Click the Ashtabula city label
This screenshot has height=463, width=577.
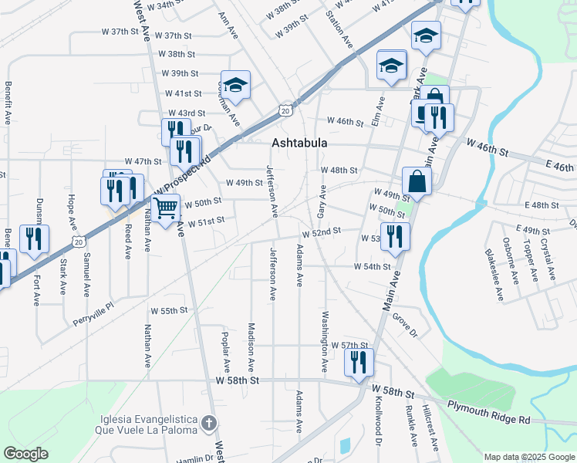[x=299, y=143]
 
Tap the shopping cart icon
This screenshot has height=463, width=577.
[x=166, y=208]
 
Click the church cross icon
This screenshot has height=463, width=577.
[x=209, y=423]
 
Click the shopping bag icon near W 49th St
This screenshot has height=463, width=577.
[x=417, y=181]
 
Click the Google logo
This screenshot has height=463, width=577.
[x=25, y=454]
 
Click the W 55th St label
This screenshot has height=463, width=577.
[x=169, y=310]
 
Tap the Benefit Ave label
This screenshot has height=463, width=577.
[x=8, y=104]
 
